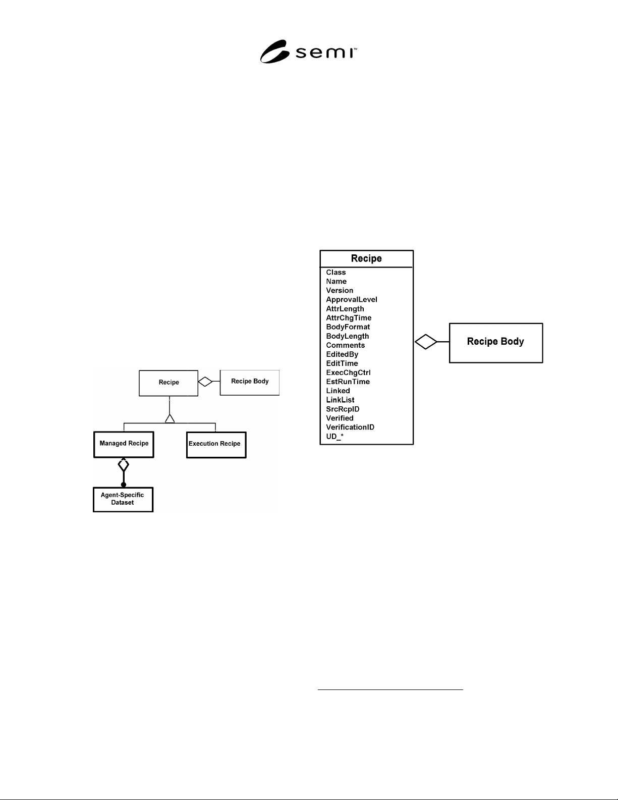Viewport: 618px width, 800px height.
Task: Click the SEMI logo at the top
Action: coord(308,51)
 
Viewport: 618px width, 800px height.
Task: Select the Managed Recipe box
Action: coord(124,444)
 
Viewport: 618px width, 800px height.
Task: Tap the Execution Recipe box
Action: coord(216,445)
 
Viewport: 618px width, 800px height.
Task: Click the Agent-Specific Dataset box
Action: coord(123,499)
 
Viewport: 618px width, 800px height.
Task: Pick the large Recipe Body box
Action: coord(496,343)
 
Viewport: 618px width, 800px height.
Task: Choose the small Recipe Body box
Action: coord(250,383)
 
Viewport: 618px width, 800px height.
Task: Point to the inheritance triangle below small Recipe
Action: coord(170,418)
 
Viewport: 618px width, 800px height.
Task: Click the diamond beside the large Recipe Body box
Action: coord(426,342)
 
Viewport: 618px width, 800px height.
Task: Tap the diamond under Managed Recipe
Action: coord(124,465)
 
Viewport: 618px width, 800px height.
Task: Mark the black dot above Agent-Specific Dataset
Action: coord(124,485)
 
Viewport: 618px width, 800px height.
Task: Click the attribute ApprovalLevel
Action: coord(351,299)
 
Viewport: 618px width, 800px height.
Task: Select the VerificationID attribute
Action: coord(350,427)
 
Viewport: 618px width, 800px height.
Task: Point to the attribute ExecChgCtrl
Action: coord(348,372)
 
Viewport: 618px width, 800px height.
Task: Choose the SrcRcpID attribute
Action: coord(343,409)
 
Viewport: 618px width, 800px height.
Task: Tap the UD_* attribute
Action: coord(334,436)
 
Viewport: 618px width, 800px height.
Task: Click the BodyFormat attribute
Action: coord(348,327)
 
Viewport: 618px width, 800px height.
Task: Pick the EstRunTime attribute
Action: coord(348,382)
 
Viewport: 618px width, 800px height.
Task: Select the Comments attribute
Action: coord(345,345)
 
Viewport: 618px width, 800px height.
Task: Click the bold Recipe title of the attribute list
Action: coord(366,258)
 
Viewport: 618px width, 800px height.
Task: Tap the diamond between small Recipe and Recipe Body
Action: coord(205,382)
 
